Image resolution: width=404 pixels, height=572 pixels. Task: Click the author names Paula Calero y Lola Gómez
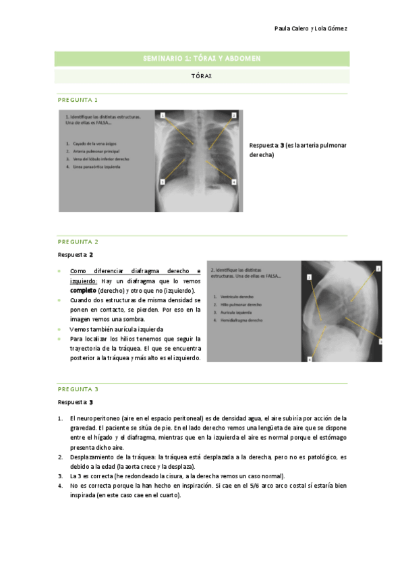tap(312, 28)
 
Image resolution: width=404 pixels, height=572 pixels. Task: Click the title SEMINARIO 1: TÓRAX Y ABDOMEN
tap(202, 59)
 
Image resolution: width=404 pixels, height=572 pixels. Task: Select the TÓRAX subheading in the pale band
tap(202, 76)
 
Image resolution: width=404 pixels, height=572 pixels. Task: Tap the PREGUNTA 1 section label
tap(78, 100)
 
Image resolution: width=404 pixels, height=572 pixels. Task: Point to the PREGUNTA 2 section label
tap(78, 241)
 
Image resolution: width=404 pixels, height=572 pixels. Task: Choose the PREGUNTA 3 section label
tap(78, 389)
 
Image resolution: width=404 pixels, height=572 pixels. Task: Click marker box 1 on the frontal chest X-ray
tap(163, 116)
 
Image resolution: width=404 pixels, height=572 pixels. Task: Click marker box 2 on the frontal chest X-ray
tap(233, 116)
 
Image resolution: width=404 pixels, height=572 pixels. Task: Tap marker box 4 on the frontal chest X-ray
tap(233, 181)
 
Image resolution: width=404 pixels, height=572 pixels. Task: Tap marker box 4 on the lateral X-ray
tap(310, 360)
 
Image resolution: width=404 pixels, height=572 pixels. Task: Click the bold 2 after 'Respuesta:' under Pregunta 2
tap(91, 256)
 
